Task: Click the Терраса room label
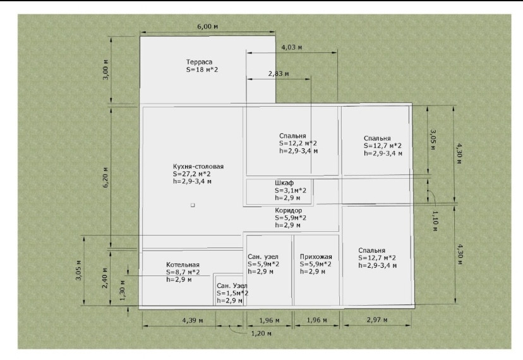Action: pyautogui.click(x=199, y=62)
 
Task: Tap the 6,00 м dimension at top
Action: pyautogui.click(x=207, y=27)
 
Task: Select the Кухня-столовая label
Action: pyautogui.click(x=198, y=167)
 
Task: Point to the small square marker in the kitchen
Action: pyautogui.click(x=193, y=205)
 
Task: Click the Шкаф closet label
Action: pyautogui.click(x=284, y=183)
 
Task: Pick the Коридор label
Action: pyautogui.click(x=289, y=210)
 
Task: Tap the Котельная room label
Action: pyautogui.click(x=183, y=265)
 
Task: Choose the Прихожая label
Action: pyautogui.click(x=316, y=256)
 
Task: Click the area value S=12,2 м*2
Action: pyautogui.click(x=298, y=143)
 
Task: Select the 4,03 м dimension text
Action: pyautogui.click(x=292, y=47)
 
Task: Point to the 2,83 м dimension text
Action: pyautogui.click(x=279, y=74)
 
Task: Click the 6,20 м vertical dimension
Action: pyautogui.click(x=105, y=177)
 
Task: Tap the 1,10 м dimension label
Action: pyautogui.click(x=435, y=221)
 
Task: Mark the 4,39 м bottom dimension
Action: pyautogui.click(x=193, y=321)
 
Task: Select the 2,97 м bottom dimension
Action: pyautogui.click(x=377, y=320)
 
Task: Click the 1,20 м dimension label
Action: pyautogui.click(x=261, y=333)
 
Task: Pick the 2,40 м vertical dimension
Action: pyautogui.click(x=105, y=278)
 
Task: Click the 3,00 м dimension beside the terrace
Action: pyautogui.click(x=105, y=69)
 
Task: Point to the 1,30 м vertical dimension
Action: pyautogui.click(x=122, y=291)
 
